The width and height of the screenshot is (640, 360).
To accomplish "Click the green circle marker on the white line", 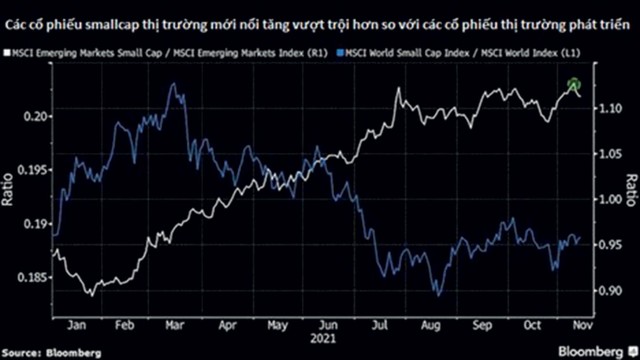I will point(574,86).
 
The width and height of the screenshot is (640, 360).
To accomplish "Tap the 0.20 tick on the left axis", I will point(32,117).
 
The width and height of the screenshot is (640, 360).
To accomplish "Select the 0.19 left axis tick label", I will point(32,225).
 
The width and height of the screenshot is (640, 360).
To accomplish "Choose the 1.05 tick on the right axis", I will point(611,154).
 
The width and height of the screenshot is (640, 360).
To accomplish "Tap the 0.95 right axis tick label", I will point(611,245).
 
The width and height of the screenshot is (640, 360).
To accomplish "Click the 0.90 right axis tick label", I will point(611,291).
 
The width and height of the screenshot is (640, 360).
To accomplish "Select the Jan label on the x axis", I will point(74,325).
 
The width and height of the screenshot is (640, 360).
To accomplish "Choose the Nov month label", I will point(579,325).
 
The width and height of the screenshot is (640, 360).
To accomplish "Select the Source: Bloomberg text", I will point(51,352).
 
